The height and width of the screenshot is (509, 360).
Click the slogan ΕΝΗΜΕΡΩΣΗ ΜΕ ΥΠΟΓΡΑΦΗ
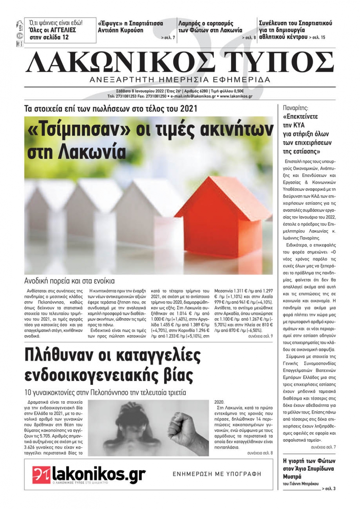(x=217, y=474)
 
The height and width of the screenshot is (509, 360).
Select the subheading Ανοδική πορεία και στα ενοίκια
(x=69, y=281)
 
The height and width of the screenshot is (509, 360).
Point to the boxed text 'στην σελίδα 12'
(x=49, y=37)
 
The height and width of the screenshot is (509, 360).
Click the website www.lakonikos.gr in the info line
(x=236, y=96)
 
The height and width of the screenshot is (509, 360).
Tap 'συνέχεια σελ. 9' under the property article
(x=260, y=336)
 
